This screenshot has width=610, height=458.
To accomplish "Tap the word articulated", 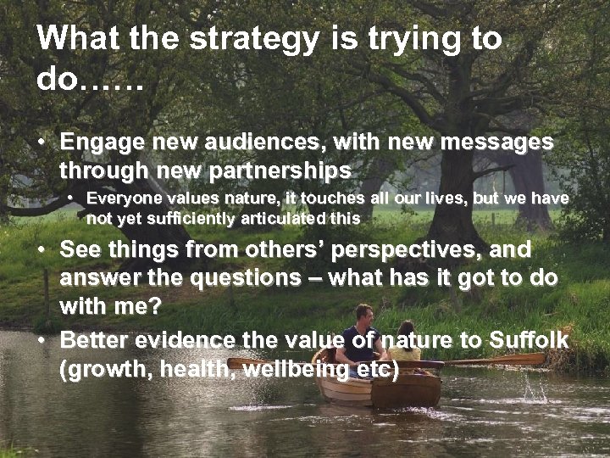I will [x=282, y=218].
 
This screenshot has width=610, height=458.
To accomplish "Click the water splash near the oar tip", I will [x=534, y=390].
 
